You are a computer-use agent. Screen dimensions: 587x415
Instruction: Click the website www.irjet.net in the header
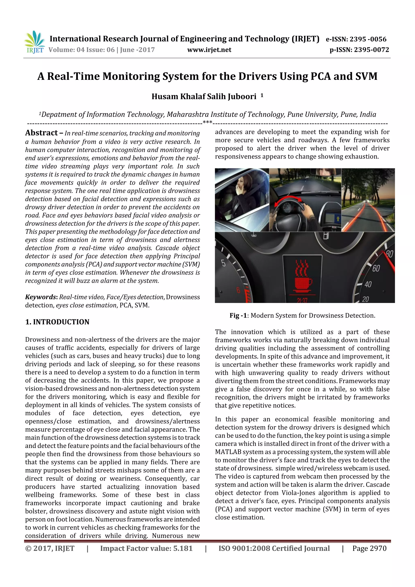[209, 50]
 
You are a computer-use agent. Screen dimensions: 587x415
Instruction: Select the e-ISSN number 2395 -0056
[368, 39]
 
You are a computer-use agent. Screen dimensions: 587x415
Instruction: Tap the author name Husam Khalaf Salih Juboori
[204, 96]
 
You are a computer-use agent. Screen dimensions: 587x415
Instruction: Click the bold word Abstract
[41, 133]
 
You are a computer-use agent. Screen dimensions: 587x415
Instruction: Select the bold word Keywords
[41, 297]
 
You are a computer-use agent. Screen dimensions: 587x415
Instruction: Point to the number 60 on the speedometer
[376, 268]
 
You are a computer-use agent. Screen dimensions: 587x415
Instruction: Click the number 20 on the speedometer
[365, 299]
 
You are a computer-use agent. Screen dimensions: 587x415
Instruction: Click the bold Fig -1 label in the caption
[238, 315]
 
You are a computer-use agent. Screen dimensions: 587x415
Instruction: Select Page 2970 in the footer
[369, 548]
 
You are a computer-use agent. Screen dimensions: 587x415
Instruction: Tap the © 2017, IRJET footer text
[50, 548]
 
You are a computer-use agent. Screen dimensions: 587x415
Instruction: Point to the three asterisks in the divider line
[207, 122]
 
